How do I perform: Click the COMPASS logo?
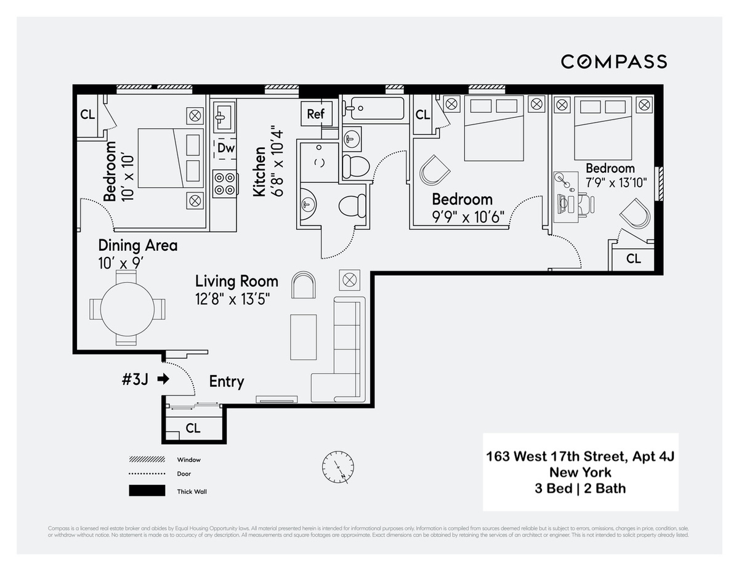613,62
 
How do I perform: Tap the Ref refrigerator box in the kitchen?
315,114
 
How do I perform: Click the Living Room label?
236,281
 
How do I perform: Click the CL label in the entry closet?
193,428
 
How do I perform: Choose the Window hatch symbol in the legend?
147,460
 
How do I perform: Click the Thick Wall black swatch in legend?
147,491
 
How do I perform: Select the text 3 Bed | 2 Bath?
580,488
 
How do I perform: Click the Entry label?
226,381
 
